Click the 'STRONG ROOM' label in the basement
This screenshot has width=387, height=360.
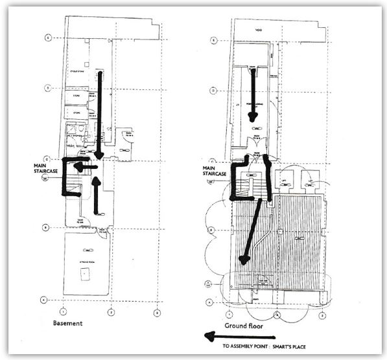tap(86, 260)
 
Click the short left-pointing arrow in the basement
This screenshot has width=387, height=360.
tap(84, 166)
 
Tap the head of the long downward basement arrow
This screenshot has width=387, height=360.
tap(99, 155)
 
